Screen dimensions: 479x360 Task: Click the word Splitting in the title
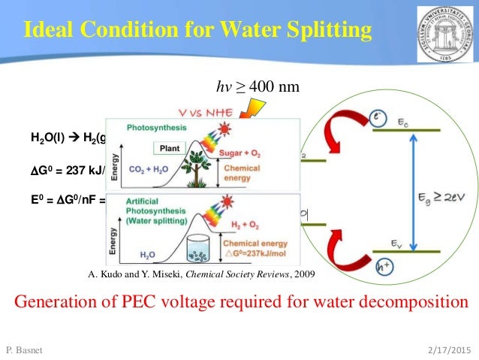coord(327,31)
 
